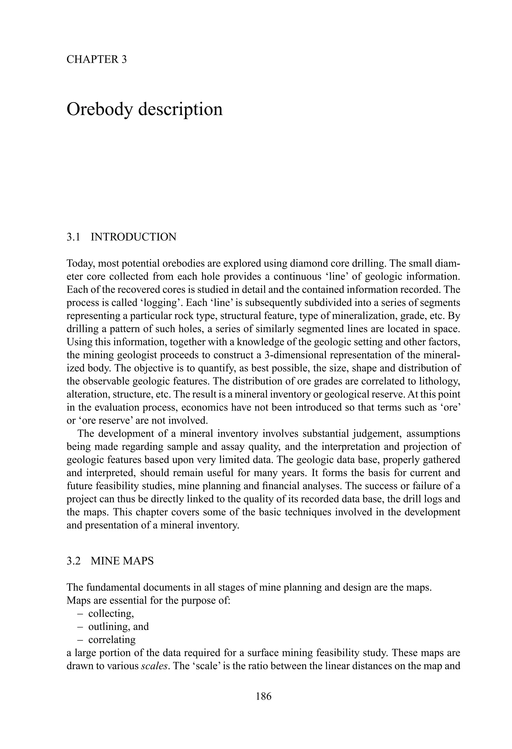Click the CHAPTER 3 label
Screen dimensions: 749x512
tap(96, 59)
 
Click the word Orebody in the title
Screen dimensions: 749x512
tap(99, 110)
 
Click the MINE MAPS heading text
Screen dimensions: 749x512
tap(122, 561)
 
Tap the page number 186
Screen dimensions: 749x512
tap(264, 696)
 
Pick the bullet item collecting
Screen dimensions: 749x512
tap(111, 613)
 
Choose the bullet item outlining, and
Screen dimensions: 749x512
tap(118, 627)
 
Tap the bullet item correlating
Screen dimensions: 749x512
tap(112, 639)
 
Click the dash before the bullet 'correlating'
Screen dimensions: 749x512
tap(80, 639)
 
